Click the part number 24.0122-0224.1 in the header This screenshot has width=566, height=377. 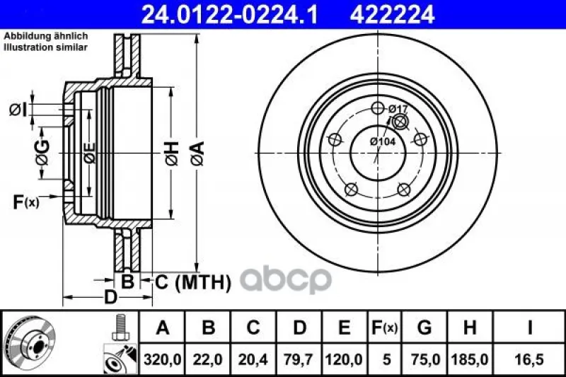tap(229, 15)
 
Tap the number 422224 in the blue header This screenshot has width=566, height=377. tap(392, 15)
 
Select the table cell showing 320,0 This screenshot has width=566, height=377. tap(162, 360)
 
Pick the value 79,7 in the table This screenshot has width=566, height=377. tap(298, 360)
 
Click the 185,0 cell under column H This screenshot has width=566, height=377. tap(470, 360)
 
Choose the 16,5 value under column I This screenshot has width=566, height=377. tap(529, 360)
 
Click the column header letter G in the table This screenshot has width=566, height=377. tap(424, 327)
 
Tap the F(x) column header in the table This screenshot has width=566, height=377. tap(384, 327)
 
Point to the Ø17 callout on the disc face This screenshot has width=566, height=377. tap(398, 109)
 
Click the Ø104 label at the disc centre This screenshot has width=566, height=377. tap(383, 141)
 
